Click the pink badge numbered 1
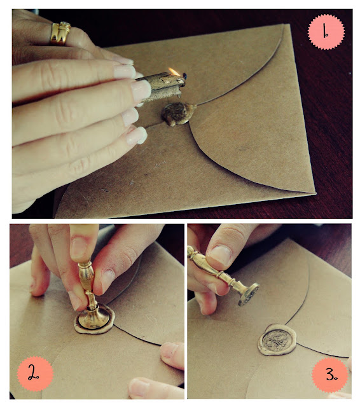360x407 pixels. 326,32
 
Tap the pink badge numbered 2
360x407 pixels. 35,373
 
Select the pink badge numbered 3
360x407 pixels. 329,375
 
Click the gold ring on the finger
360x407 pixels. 60,33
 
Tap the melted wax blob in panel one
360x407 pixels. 178,113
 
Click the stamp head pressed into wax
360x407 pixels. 94,318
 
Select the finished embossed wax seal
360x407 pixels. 277,340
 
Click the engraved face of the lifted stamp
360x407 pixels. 249,295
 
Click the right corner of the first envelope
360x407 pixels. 315,193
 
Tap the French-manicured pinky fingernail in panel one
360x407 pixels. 137,135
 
